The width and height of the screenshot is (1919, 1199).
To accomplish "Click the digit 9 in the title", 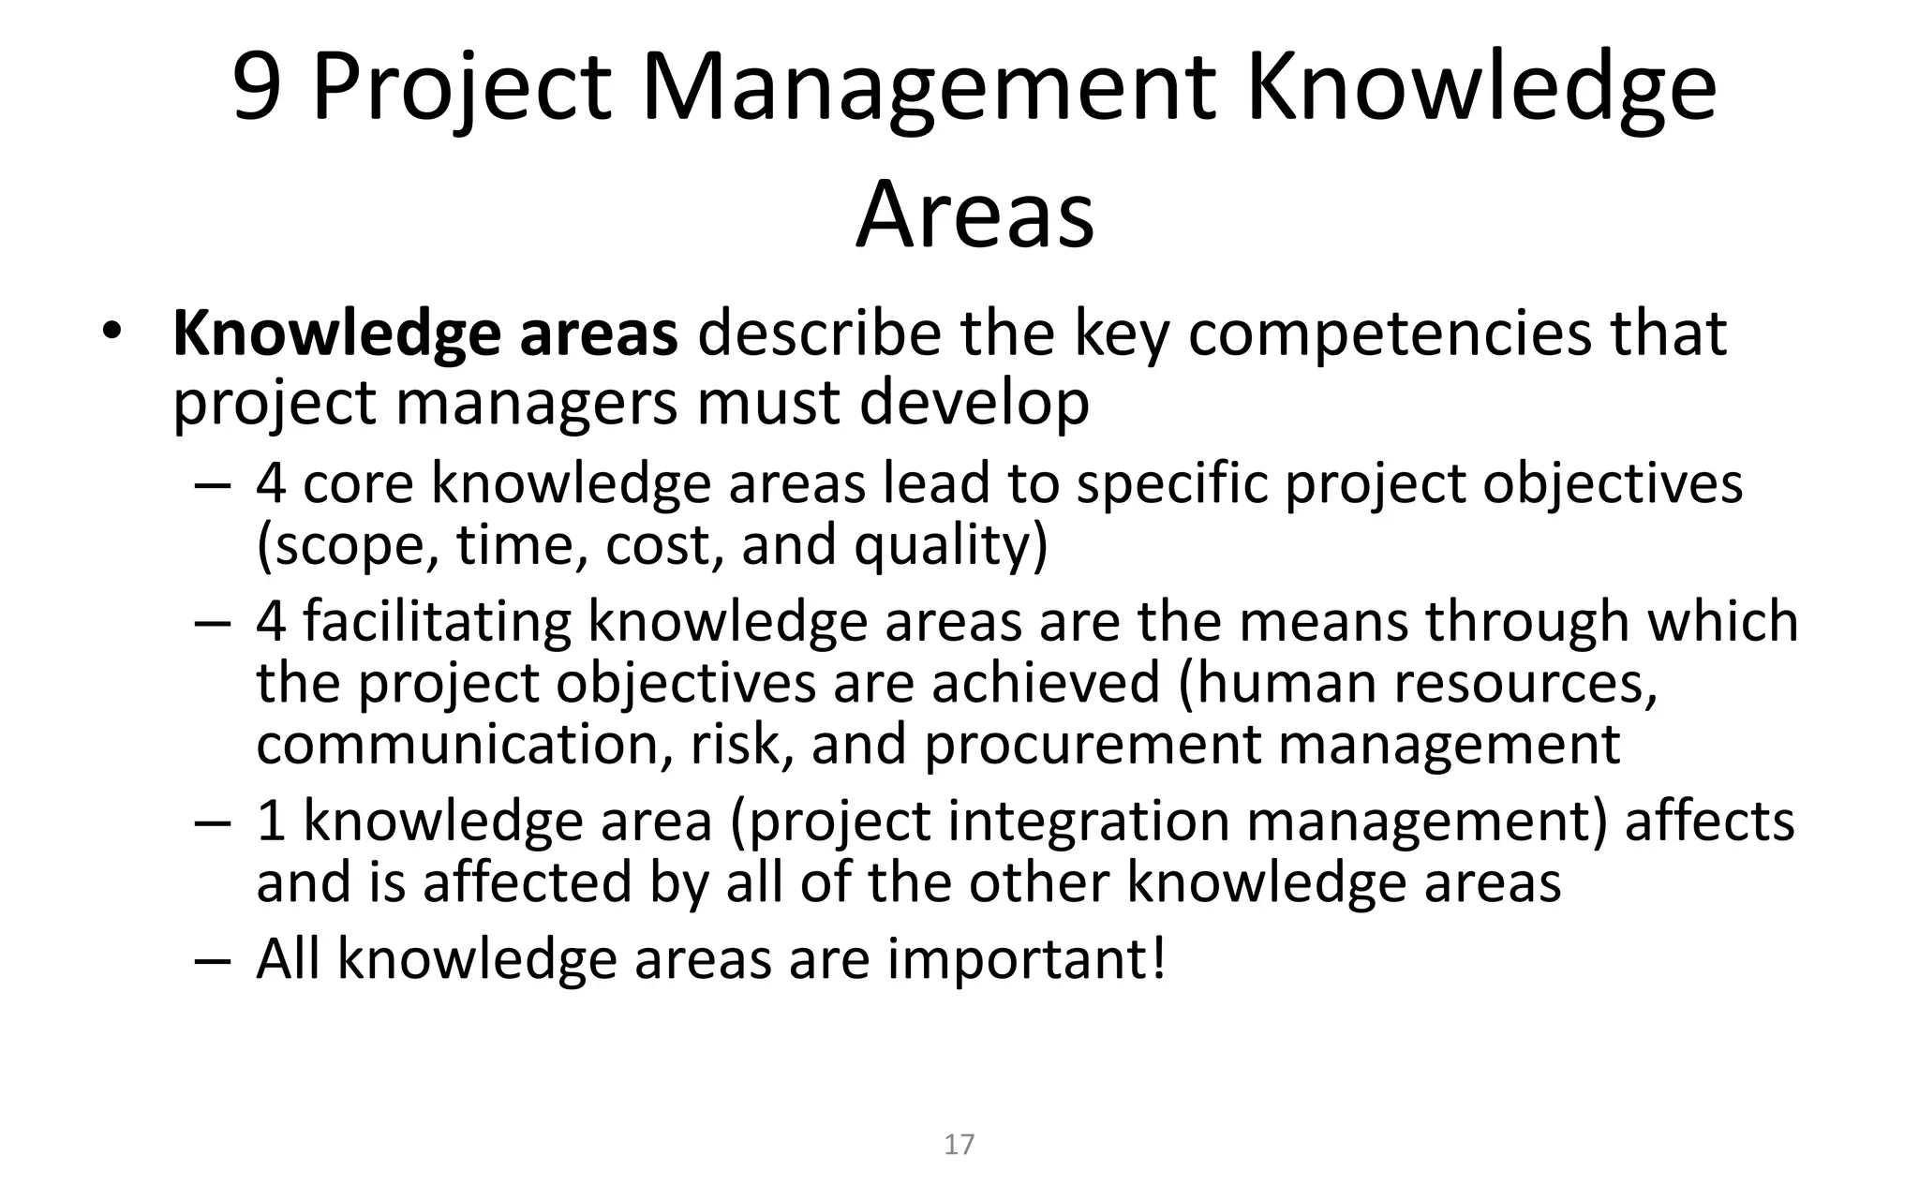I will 257,89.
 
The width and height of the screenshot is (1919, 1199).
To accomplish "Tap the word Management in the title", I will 928,89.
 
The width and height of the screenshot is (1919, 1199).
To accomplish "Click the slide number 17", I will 959,1145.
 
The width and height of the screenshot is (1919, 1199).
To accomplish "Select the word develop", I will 974,403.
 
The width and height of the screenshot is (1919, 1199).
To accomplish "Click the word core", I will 358,483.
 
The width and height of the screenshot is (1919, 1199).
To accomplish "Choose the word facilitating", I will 437,621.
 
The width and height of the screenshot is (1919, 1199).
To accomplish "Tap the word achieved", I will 1045,682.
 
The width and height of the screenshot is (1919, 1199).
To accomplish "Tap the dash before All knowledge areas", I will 213,960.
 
